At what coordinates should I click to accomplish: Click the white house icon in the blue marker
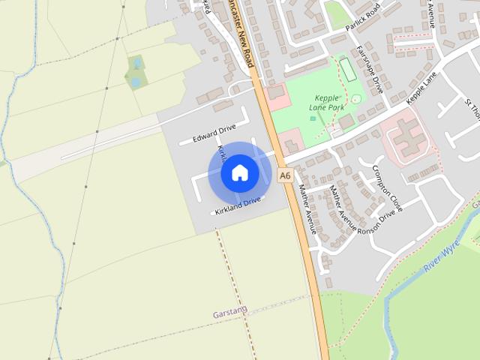[x=239, y=172]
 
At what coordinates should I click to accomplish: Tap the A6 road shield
[x=284, y=175]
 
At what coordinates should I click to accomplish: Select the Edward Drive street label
[x=214, y=135]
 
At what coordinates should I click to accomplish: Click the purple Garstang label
[x=229, y=310]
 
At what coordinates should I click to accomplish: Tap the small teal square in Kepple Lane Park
[x=313, y=118]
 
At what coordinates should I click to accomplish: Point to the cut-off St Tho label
[x=472, y=109]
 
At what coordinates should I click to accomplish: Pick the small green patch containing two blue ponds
[x=136, y=71]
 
